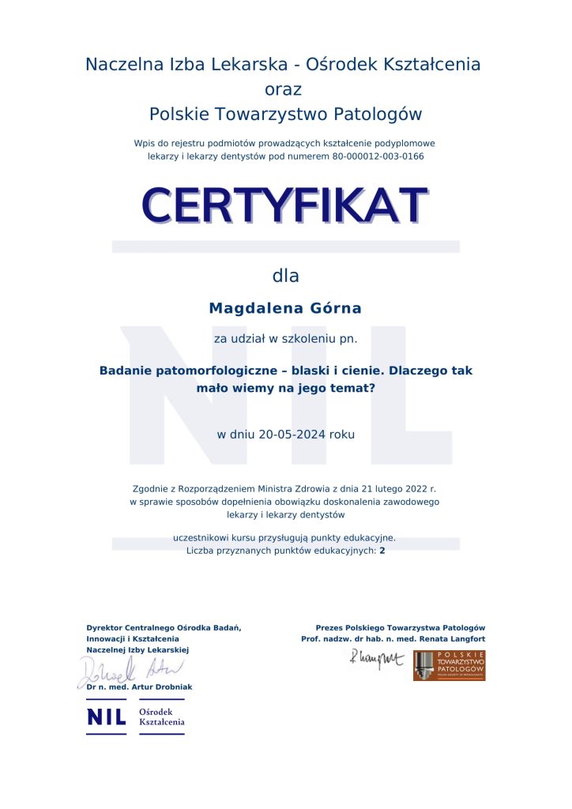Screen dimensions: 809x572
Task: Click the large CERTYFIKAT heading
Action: [285, 205]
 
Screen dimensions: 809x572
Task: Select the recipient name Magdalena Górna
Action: [285, 307]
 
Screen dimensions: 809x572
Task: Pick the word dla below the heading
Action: [285, 276]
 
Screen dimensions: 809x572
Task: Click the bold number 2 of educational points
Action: [382, 551]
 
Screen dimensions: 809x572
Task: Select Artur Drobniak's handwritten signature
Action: [130, 671]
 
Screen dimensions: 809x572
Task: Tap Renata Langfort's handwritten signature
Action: [376, 658]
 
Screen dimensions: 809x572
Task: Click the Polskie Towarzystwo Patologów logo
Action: [449, 666]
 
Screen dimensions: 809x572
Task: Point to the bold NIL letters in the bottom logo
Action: [106, 717]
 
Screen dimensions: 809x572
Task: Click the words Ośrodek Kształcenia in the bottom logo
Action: [161, 717]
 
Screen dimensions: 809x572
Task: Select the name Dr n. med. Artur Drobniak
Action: [139, 687]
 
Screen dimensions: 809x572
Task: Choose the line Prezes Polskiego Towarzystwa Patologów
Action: [401, 627]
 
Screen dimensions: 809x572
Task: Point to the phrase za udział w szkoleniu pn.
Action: [285, 339]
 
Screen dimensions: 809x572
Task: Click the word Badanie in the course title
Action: [126, 370]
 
